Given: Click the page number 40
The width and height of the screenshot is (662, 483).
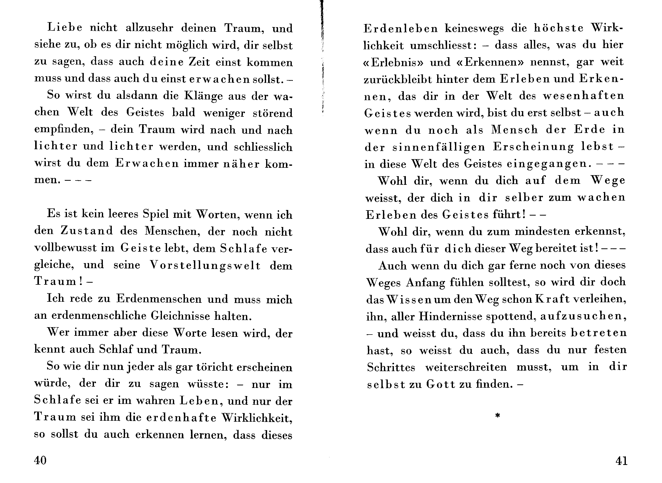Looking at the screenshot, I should [40, 460].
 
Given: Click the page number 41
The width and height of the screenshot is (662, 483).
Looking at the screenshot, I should [621, 461].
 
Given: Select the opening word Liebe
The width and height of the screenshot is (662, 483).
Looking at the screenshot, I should [65, 28].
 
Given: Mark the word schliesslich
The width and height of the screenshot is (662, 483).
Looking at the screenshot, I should [263, 147].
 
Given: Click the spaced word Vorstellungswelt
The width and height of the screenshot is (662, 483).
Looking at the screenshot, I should [205, 265].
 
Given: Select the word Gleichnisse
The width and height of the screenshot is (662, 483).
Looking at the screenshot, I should [180, 316].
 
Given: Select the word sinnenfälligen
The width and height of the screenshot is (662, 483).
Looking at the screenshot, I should [439, 147].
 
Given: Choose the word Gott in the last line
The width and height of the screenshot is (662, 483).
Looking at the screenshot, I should [440, 384].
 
